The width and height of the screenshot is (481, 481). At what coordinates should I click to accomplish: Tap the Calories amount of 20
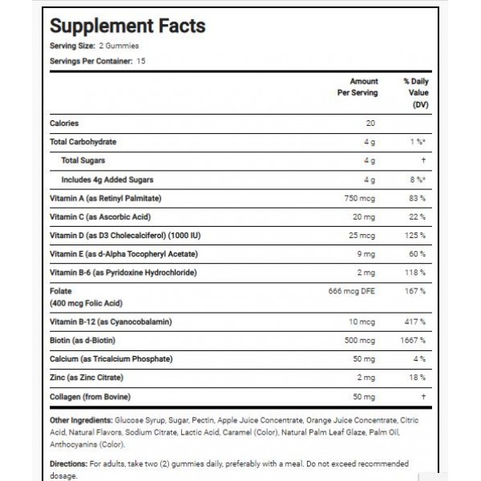(370, 123)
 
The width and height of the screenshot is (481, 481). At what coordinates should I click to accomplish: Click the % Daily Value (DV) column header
(417, 93)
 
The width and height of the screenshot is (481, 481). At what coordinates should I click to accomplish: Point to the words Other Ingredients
(80, 420)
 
